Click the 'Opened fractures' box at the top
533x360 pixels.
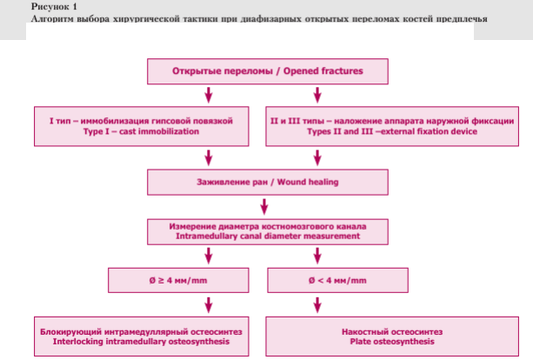[x=268, y=71]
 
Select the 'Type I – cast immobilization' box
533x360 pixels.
[x=142, y=126]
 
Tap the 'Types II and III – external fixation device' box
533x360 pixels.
[x=392, y=126]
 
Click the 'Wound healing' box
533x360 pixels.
[x=268, y=183]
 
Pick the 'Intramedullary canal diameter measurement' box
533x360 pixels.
[x=268, y=232]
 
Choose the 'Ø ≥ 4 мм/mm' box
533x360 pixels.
[x=178, y=281]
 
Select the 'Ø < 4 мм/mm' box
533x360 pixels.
[x=338, y=281]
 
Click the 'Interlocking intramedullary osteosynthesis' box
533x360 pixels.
[x=142, y=337]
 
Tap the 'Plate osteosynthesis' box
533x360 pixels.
[x=392, y=337]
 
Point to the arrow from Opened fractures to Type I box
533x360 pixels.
[x=209, y=95]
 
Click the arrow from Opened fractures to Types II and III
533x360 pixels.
[x=317, y=95]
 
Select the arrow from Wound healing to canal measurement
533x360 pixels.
[x=264, y=207]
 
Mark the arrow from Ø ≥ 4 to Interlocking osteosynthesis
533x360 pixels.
[x=209, y=305]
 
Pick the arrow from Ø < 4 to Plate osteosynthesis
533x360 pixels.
[x=317, y=305]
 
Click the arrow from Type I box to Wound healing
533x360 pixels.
[x=209, y=158]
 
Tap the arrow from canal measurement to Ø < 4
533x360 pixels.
[x=317, y=256]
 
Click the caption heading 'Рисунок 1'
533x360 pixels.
[x=54, y=6]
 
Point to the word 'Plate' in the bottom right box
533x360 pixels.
[x=360, y=342]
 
